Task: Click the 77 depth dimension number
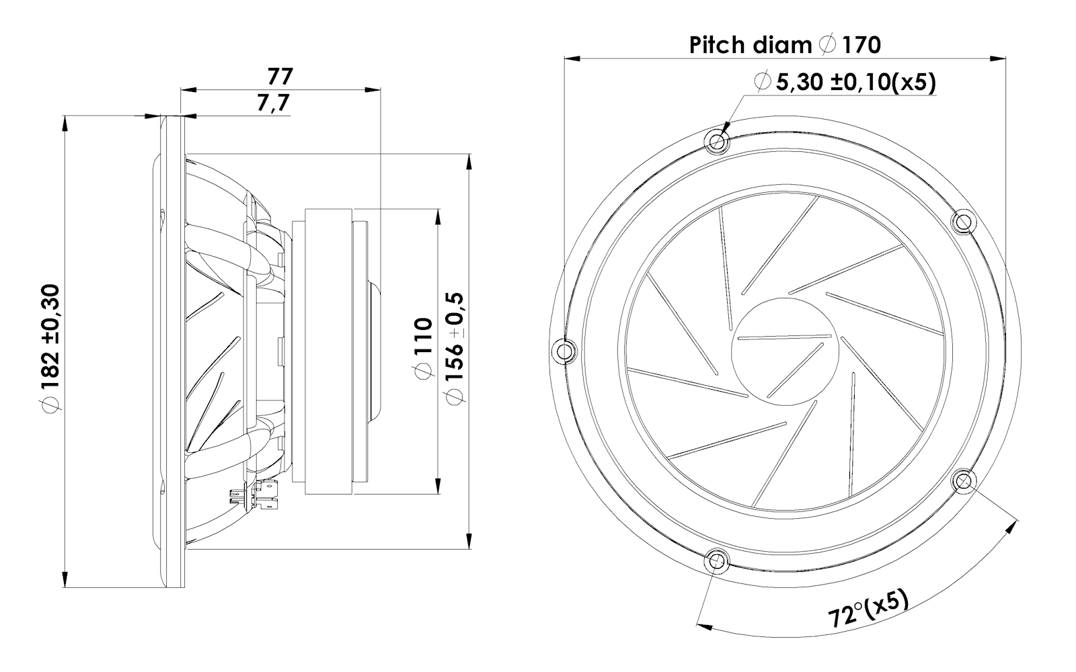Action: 280,76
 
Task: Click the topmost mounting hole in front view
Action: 717,141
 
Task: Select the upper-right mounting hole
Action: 963,221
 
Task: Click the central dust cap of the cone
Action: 784,350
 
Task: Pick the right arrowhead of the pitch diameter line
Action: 999,58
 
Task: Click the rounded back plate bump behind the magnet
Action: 375,350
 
